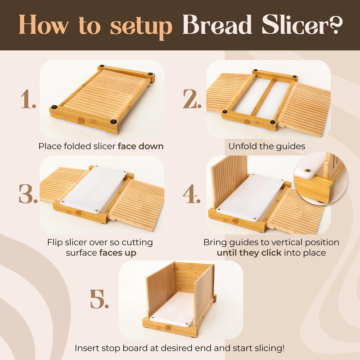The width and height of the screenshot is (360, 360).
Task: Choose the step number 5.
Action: coord(99,298)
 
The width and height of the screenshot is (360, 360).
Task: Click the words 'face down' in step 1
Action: coord(141,146)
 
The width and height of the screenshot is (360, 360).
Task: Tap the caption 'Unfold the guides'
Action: coord(267,146)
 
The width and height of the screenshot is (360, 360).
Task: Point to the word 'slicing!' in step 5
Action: coord(269,348)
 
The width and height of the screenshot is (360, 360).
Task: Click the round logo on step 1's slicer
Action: coord(81,121)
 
